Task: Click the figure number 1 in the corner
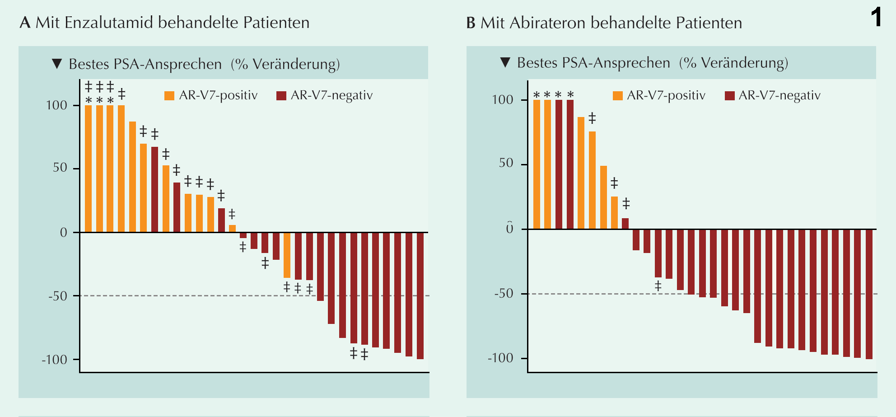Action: [876, 18]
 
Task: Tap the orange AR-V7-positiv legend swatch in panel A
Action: [169, 96]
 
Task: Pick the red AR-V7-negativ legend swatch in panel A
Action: [281, 96]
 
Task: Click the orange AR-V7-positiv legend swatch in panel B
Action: [617, 96]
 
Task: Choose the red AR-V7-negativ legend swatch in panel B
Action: [729, 96]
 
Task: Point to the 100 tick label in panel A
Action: [56, 105]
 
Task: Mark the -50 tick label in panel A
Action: [58, 296]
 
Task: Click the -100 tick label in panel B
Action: [500, 358]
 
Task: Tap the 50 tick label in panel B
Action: [506, 164]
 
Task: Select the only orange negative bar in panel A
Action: [287, 255]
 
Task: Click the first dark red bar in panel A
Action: [154, 190]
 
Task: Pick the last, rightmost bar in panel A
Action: [420, 295]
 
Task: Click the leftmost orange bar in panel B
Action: [537, 164]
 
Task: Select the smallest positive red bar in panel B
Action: [625, 224]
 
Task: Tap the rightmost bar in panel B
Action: [869, 294]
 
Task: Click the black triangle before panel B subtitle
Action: [505, 62]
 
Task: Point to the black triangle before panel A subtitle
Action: [57, 64]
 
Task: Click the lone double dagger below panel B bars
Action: [658, 286]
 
